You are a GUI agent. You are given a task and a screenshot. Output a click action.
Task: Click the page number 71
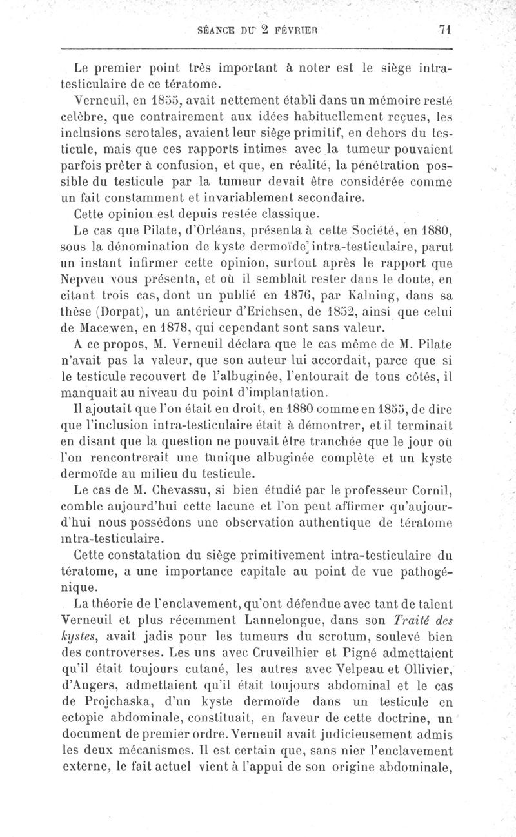(x=444, y=29)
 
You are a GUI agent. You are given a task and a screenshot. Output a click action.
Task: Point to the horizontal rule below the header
(x=257, y=49)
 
